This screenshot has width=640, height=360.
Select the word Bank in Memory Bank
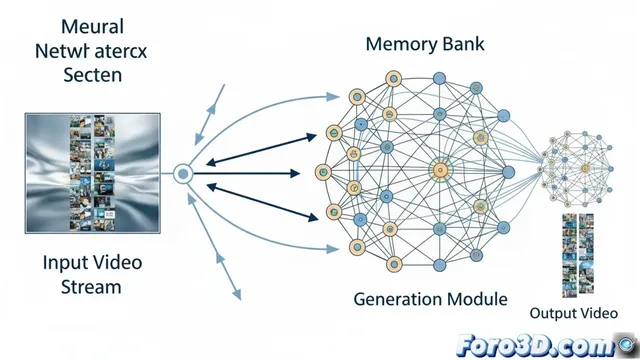pyautogui.click(x=464, y=45)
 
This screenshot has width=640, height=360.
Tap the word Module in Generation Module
pyautogui.click(x=478, y=298)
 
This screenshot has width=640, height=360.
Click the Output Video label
pyautogui.click(x=573, y=313)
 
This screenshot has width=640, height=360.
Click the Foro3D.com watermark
pyautogui.click(x=541, y=343)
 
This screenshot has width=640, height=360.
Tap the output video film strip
pyautogui.click(x=577, y=255)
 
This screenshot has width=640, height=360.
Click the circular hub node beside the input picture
pyautogui.click(x=182, y=174)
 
